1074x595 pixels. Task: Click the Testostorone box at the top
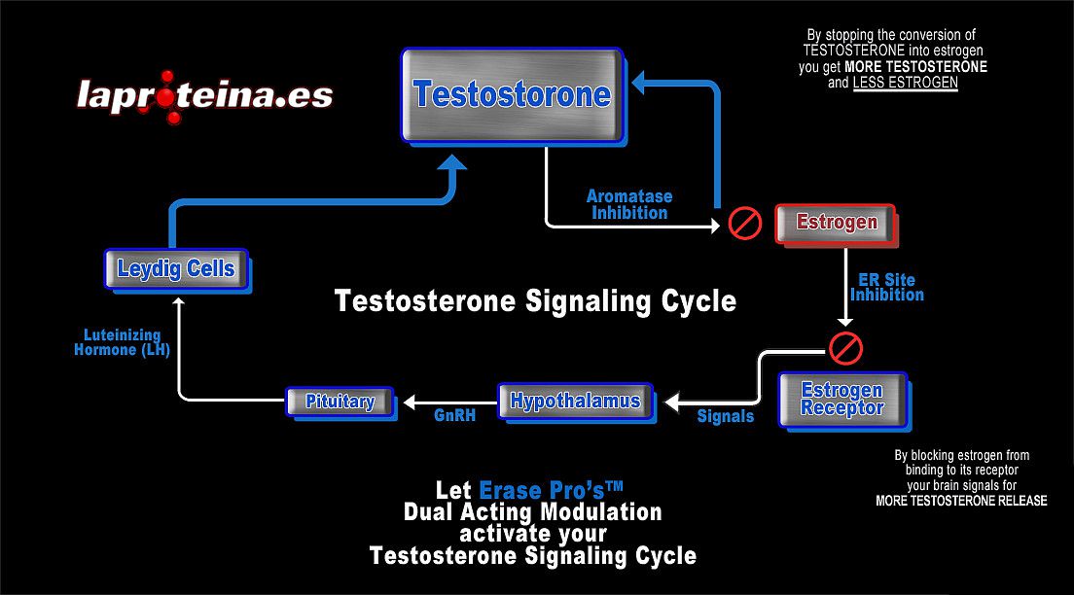click(510, 94)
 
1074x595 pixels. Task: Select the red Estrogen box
click(836, 223)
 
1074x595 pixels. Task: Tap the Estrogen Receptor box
click(842, 400)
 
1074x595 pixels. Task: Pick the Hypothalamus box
click(575, 401)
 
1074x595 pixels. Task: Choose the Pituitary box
click(340, 401)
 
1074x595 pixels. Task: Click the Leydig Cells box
click(176, 268)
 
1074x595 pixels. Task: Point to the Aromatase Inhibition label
click(629, 204)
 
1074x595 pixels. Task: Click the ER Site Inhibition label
click(885, 288)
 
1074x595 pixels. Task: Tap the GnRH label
click(454, 416)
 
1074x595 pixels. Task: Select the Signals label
click(726, 416)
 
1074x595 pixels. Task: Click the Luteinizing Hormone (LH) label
click(123, 343)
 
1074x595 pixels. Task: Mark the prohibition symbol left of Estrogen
click(745, 224)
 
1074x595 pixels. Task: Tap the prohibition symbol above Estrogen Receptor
click(845, 346)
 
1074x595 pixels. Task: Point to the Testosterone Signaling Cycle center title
click(535, 301)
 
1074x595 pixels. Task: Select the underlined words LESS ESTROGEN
click(905, 84)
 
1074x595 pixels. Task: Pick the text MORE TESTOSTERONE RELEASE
click(961, 501)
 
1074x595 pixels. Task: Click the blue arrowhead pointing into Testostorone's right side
click(642, 84)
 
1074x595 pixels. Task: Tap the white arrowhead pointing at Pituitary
click(410, 401)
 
